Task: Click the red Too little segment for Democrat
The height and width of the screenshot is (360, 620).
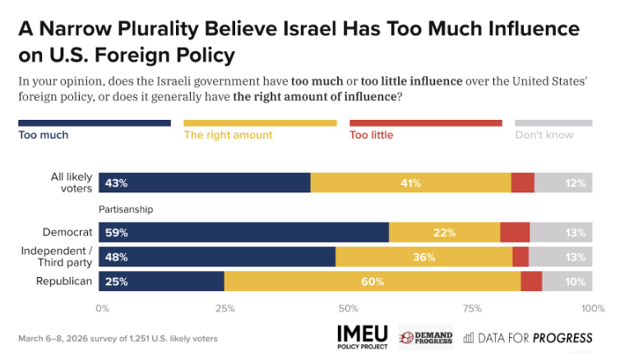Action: click(515, 232)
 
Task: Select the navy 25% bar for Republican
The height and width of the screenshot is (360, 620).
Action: click(161, 281)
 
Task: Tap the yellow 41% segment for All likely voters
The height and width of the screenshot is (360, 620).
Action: click(411, 182)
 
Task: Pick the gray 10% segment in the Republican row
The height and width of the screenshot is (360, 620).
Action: click(567, 281)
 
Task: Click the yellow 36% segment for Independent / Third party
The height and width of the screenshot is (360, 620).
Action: click(423, 256)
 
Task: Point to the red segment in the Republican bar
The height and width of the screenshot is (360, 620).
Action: click(531, 281)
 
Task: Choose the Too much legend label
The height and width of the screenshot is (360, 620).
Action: click(44, 135)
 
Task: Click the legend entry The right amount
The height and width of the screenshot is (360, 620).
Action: click(228, 135)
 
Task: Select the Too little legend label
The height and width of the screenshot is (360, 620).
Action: click(372, 135)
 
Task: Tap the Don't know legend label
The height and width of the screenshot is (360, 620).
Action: click(544, 135)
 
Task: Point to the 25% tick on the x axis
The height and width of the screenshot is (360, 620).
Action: click(225, 308)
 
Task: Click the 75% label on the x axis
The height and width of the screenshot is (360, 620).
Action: click(472, 308)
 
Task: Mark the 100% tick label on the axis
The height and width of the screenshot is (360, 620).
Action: click(593, 308)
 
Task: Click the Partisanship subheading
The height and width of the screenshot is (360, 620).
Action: click(126, 210)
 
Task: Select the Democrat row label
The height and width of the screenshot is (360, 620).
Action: click(67, 232)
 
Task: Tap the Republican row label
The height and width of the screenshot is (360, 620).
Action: click(64, 281)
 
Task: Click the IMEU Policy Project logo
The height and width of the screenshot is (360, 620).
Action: click(363, 338)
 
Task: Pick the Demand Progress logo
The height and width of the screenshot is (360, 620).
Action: click(426, 338)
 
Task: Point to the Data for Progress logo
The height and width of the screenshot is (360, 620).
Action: click(528, 338)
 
